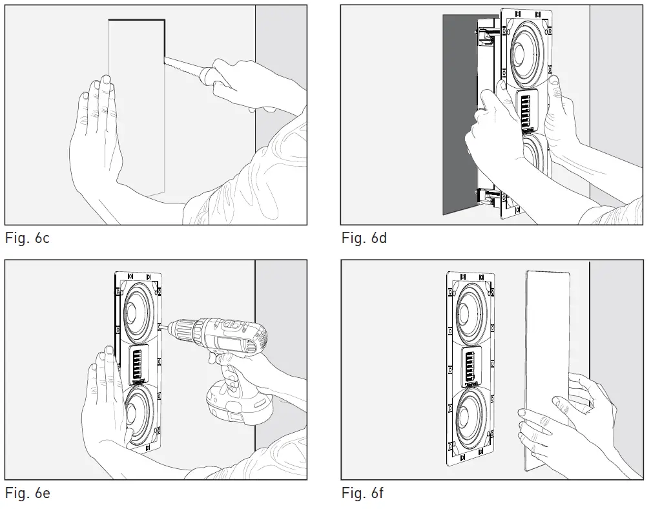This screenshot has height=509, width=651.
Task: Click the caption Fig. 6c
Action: pyautogui.click(x=27, y=238)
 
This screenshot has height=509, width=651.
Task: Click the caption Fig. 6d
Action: pyautogui.click(x=364, y=238)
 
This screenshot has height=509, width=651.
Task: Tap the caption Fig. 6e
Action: pyautogui.click(x=27, y=493)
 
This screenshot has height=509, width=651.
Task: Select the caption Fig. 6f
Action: pyautogui.click(x=363, y=493)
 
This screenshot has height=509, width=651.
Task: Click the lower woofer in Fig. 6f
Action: pyautogui.click(x=470, y=414)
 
